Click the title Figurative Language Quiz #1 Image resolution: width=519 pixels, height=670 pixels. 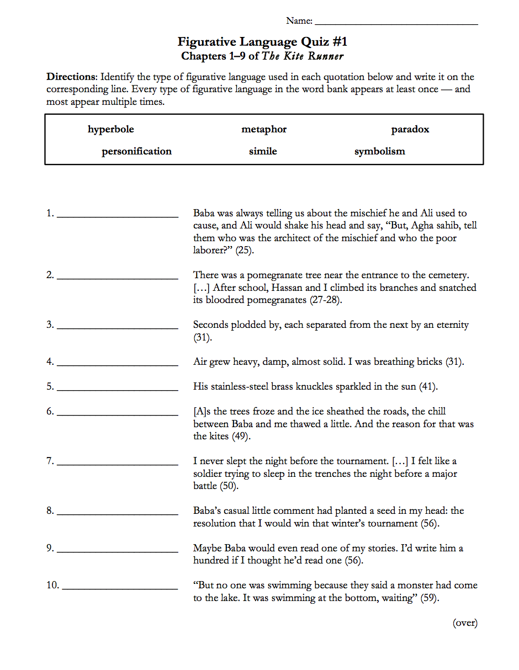(x=262, y=42)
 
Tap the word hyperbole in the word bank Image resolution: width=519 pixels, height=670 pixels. (x=111, y=130)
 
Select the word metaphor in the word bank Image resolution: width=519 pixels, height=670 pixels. (x=264, y=130)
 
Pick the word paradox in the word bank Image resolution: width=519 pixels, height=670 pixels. (x=410, y=130)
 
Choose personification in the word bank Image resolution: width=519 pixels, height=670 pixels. (x=136, y=151)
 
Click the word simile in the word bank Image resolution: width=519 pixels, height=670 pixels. (x=263, y=151)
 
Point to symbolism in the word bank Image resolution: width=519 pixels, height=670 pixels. (x=380, y=151)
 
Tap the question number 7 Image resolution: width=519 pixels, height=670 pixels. (x=50, y=461)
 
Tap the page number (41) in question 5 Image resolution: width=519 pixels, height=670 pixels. (x=428, y=387)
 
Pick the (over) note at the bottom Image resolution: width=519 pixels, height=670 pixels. (x=465, y=623)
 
